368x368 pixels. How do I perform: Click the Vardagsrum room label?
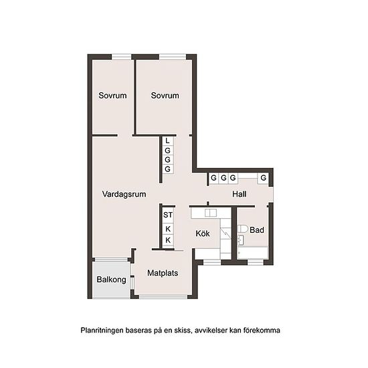[x=124, y=194]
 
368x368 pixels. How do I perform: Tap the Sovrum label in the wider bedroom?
[x=165, y=96]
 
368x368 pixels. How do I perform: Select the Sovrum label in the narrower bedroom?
[x=112, y=96]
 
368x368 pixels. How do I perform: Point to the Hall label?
[x=239, y=194]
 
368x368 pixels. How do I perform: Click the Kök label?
[x=203, y=234]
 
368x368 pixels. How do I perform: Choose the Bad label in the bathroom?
[x=257, y=230]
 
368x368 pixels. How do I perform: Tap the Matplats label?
[x=163, y=273]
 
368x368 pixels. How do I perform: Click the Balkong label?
[x=111, y=280]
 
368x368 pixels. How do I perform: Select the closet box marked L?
[x=167, y=141]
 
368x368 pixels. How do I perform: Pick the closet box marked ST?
[x=168, y=215]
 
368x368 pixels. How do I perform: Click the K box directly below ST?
[x=168, y=229]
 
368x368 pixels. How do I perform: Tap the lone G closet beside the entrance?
[x=264, y=178]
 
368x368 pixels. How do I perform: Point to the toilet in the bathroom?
[x=242, y=229]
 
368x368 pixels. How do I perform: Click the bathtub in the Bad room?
[x=253, y=253]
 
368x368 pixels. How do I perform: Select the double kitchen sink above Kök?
[x=211, y=213]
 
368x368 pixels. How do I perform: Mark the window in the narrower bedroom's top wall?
[x=121, y=57]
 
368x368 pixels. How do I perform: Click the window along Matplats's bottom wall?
[x=163, y=297]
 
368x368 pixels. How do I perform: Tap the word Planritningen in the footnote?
[x=102, y=331]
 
